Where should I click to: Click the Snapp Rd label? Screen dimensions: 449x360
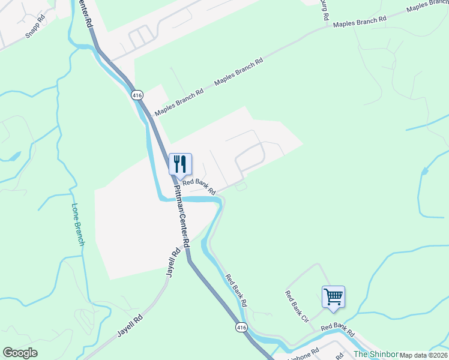click(x=35, y=27)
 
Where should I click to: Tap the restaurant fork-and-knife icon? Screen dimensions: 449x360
click(x=180, y=164)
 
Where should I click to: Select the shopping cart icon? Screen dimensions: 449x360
click(x=333, y=296)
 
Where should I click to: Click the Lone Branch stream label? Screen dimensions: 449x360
click(x=79, y=225)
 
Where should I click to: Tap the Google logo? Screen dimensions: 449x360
click(x=20, y=353)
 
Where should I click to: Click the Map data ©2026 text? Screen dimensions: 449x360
click(x=424, y=355)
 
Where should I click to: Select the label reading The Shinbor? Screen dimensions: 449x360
click(x=376, y=354)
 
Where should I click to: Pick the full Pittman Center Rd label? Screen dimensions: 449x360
click(x=181, y=217)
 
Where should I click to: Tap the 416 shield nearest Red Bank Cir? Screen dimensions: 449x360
click(x=241, y=328)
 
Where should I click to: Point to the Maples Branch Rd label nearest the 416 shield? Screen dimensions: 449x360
click(x=179, y=102)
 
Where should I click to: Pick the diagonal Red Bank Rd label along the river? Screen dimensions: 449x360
click(x=237, y=291)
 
